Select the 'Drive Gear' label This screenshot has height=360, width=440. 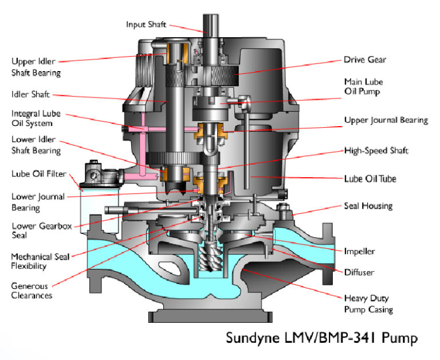pos(364,59)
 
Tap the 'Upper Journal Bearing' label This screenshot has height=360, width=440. pos(386,120)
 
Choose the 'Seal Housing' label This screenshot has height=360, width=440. pos(368,205)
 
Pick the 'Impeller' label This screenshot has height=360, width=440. pos(359,251)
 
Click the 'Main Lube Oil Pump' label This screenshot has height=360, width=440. pos(363,86)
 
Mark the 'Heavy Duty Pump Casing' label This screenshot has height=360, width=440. pos(368,304)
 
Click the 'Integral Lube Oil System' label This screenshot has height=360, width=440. pos(36,119)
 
